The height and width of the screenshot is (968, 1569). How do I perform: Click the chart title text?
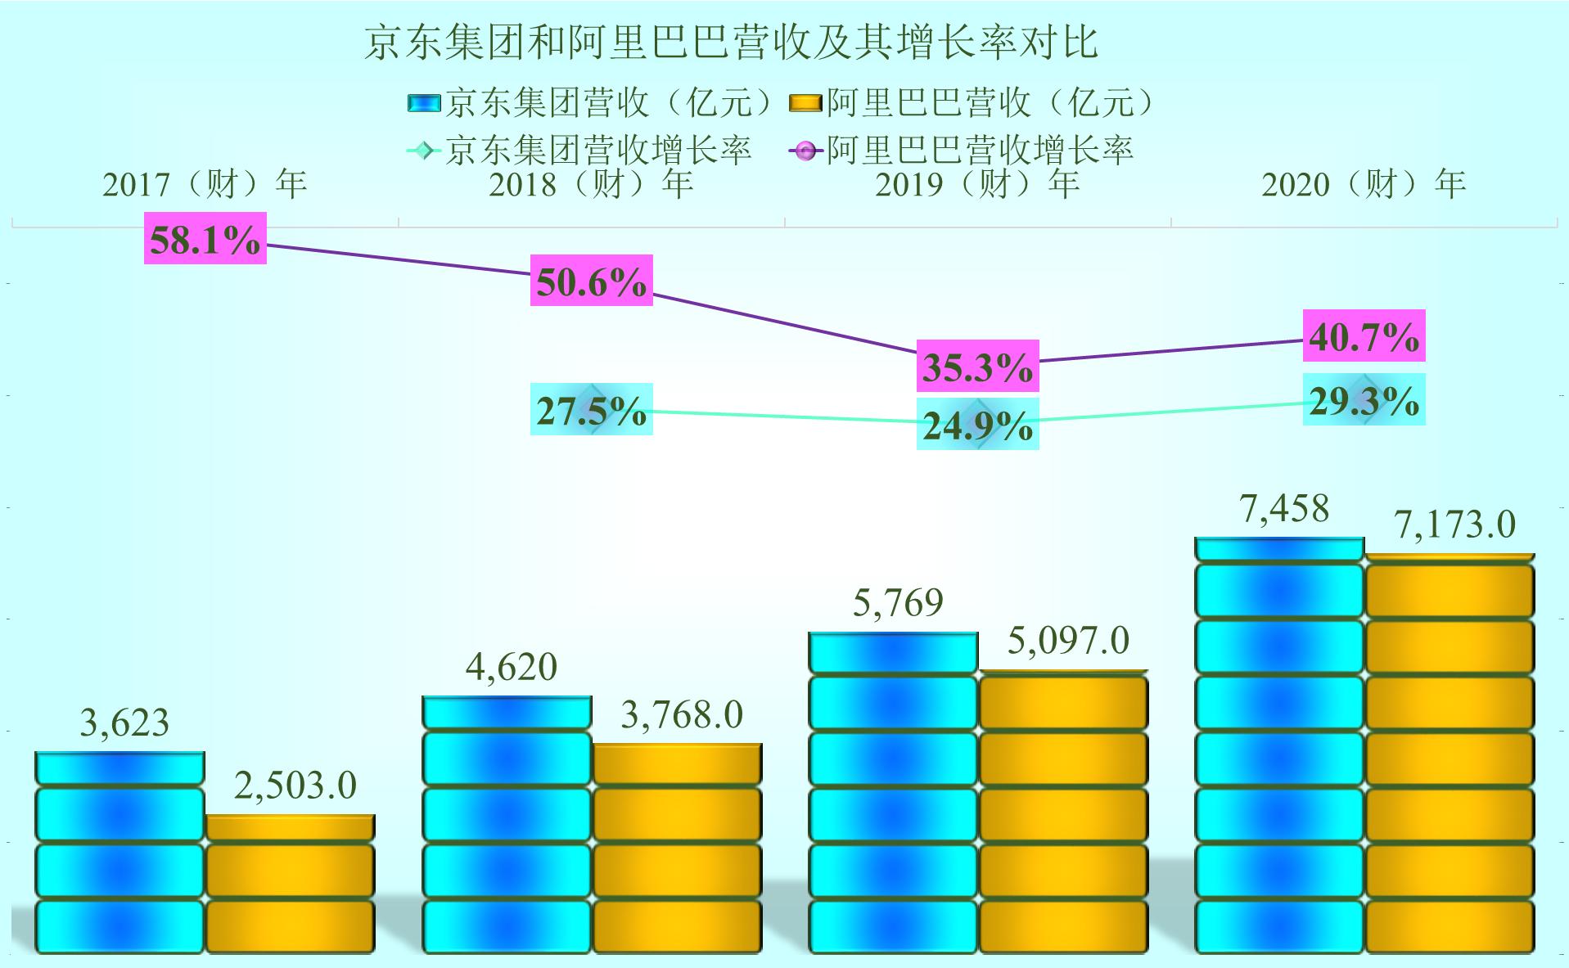730,43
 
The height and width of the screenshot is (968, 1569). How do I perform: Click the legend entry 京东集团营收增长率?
579,151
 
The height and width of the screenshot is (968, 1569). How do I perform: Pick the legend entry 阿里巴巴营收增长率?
962,151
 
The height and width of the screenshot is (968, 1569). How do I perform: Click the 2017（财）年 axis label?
205,184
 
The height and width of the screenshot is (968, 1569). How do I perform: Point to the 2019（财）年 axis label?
977,184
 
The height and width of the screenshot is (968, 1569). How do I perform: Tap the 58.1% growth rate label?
205,239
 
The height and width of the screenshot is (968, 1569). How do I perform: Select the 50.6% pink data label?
591,281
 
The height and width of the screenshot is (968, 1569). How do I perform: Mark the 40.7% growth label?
1364,335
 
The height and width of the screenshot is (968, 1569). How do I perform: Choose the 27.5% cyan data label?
591,409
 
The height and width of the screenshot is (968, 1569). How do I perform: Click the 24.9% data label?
977,424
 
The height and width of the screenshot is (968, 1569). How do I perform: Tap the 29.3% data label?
1364,399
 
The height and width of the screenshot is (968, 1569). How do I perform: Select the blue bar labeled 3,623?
119,851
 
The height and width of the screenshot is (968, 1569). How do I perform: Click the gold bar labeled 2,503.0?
290,884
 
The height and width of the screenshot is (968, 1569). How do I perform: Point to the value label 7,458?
1284,509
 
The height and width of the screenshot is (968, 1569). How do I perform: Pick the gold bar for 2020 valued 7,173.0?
1450,753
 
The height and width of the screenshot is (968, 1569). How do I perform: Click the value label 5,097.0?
1067,641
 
